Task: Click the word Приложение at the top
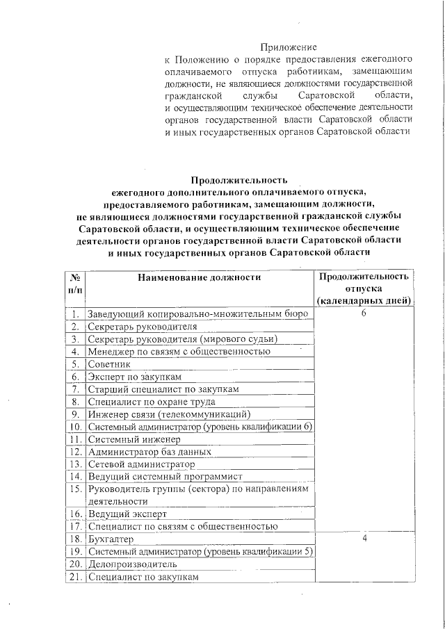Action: tap(289, 47)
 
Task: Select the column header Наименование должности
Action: tap(199, 277)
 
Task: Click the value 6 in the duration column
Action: tap(364, 313)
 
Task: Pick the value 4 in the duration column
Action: tap(364, 539)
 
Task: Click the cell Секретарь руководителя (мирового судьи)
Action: tap(183, 339)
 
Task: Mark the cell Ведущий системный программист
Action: tap(165, 477)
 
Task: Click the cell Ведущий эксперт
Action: tap(128, 514)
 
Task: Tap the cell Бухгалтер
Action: tap(111, 539)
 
